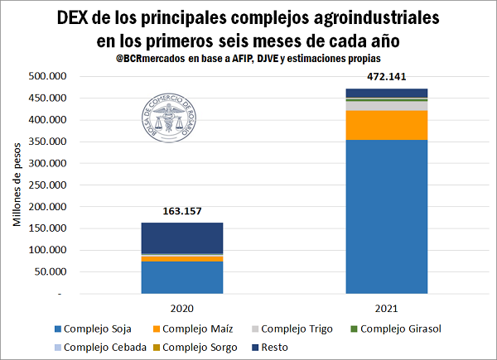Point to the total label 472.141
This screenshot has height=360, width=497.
(387, 79)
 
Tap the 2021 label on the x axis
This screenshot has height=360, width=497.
(387, 308)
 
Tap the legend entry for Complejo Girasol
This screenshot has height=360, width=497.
(400, 329)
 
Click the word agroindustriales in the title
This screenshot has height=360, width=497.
(371, 17)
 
